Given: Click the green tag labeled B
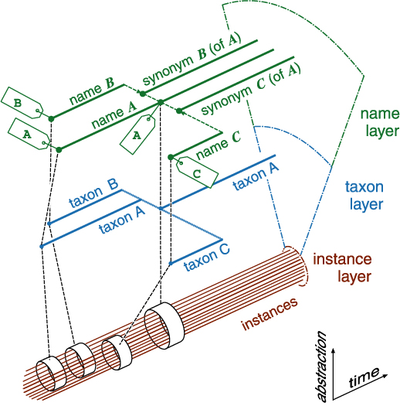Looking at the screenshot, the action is (22, 103).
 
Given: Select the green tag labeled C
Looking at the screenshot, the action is (197, 172).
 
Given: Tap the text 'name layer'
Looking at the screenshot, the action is (380, 122).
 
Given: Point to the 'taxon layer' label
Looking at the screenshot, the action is (364, 196).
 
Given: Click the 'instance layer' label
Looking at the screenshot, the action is (342, 268).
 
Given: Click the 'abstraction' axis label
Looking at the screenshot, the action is (321, 366).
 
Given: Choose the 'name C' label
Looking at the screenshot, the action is (219, 145).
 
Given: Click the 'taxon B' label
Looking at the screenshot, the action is (93, 194).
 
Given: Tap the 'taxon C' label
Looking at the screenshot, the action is (207, 258).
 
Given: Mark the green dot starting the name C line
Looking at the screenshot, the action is (171, 157).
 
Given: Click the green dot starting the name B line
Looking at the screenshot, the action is (51, 119).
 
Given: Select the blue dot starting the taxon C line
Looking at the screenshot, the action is (171, 264).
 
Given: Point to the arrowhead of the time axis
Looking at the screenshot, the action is (385, 375).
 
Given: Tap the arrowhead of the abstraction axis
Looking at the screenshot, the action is (334, 350).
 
